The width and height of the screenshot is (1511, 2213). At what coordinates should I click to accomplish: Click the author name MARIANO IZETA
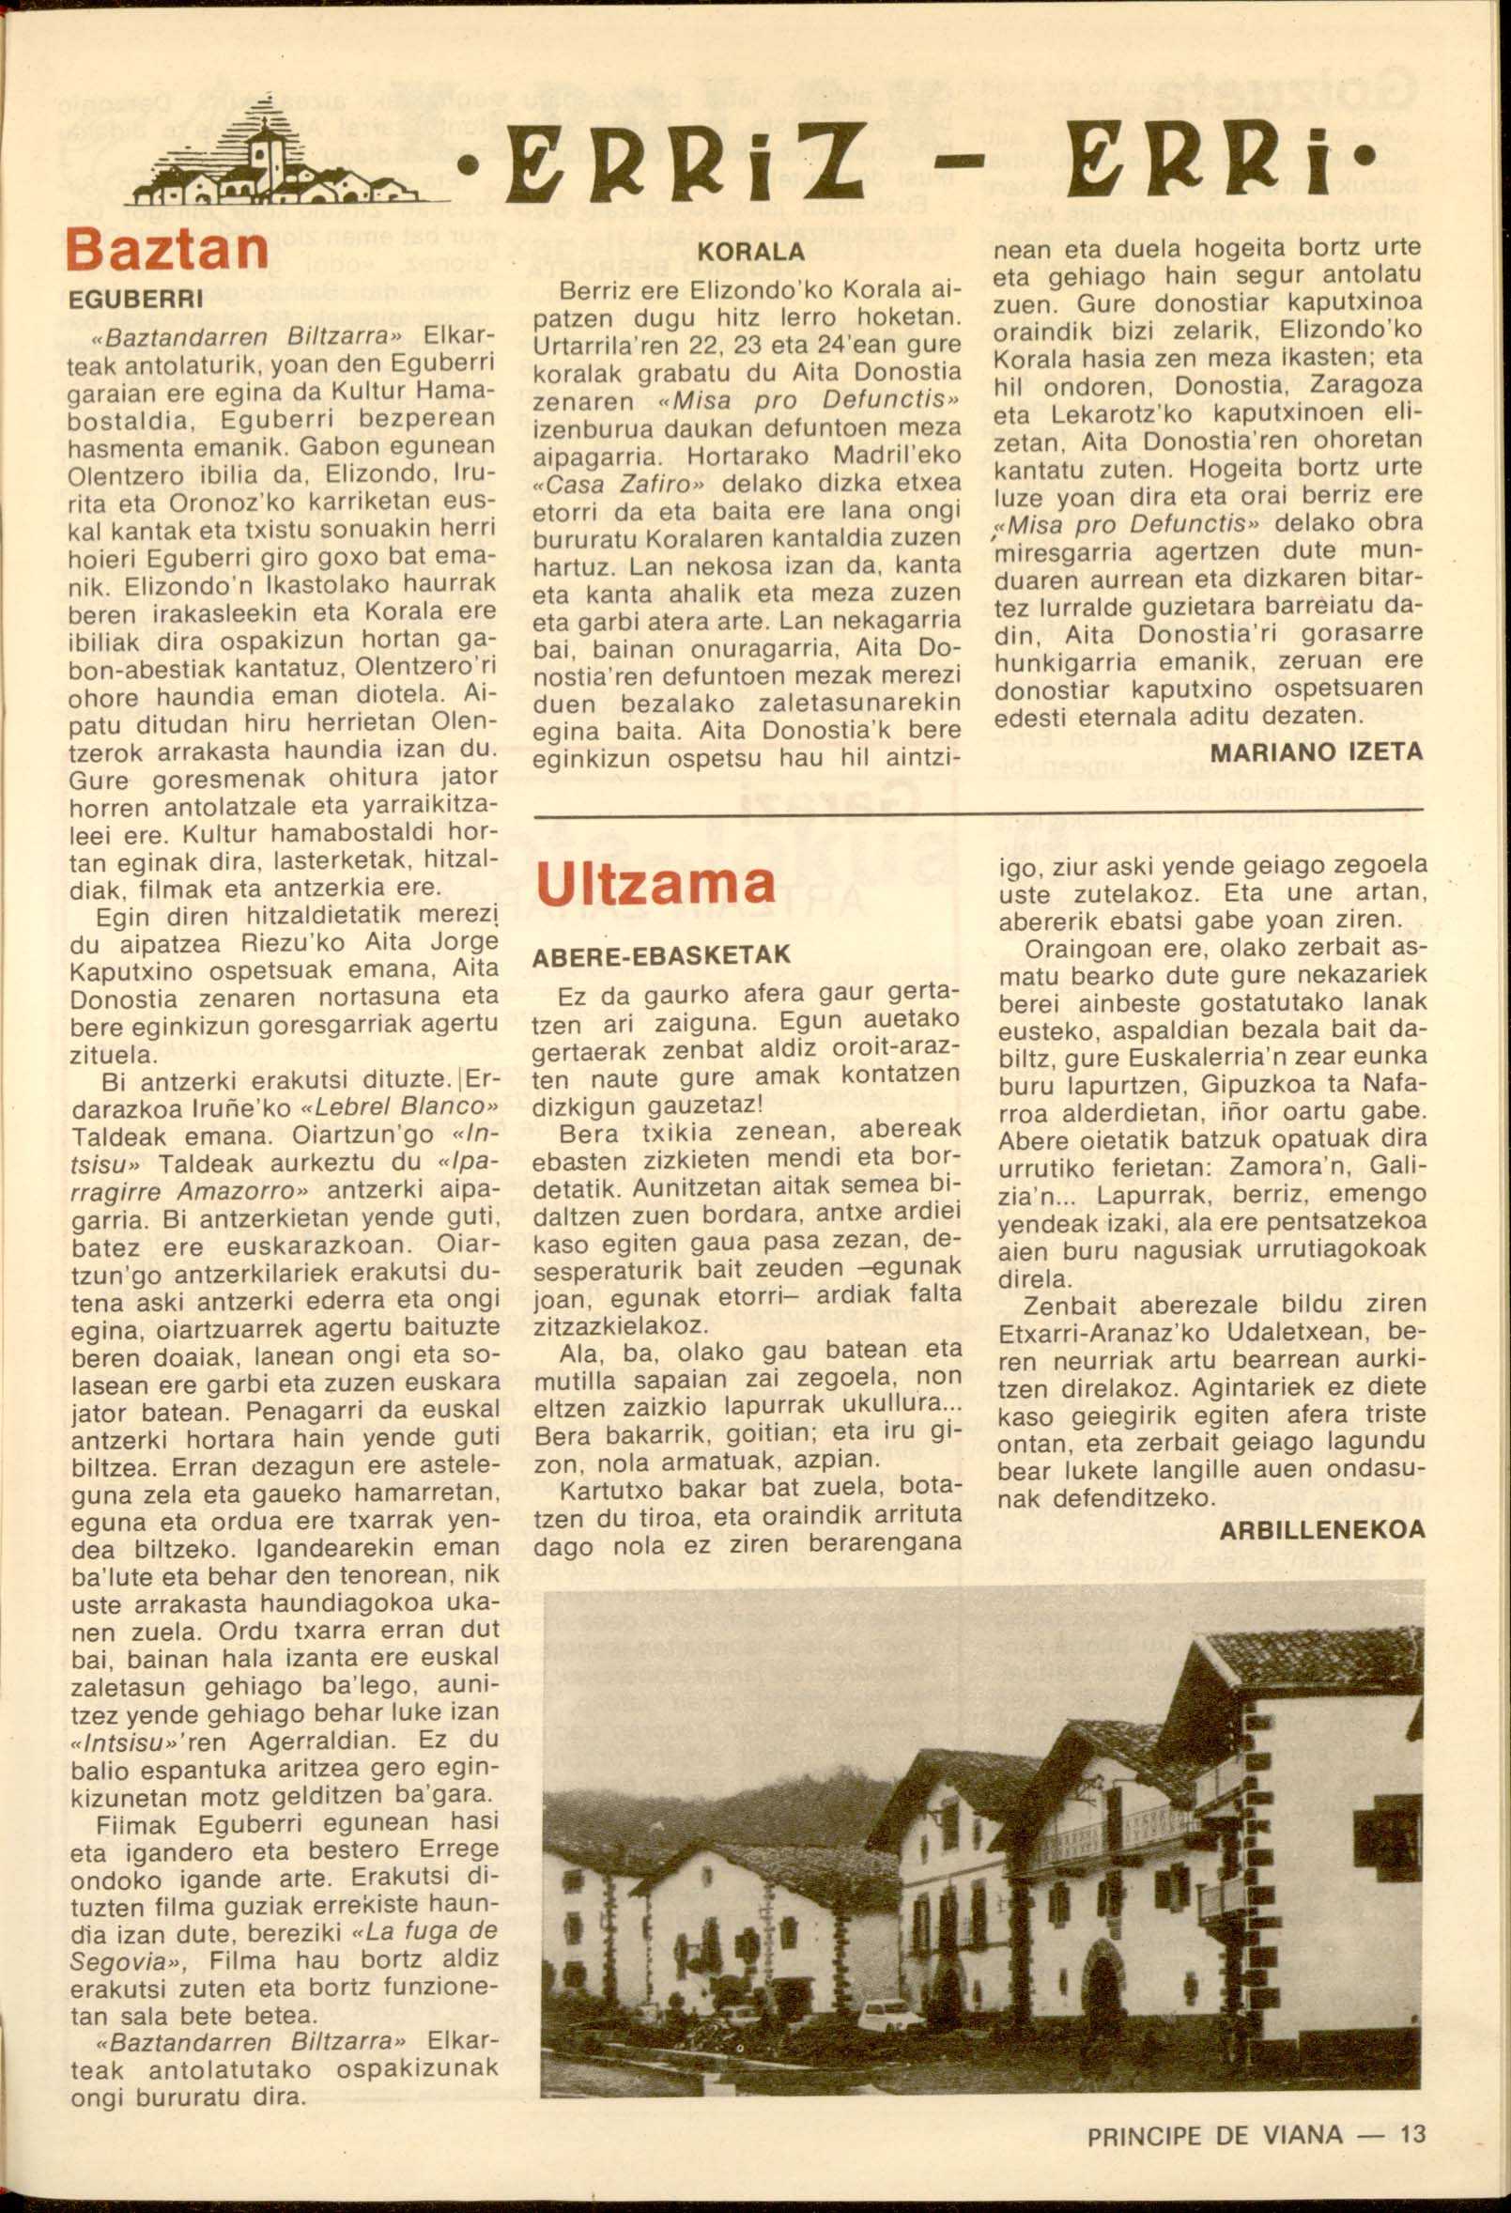coord(1316,751)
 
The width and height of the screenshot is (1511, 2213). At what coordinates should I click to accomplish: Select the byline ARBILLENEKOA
coord(1321,1529)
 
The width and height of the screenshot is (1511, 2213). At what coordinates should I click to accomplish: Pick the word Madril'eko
coord(897,456)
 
